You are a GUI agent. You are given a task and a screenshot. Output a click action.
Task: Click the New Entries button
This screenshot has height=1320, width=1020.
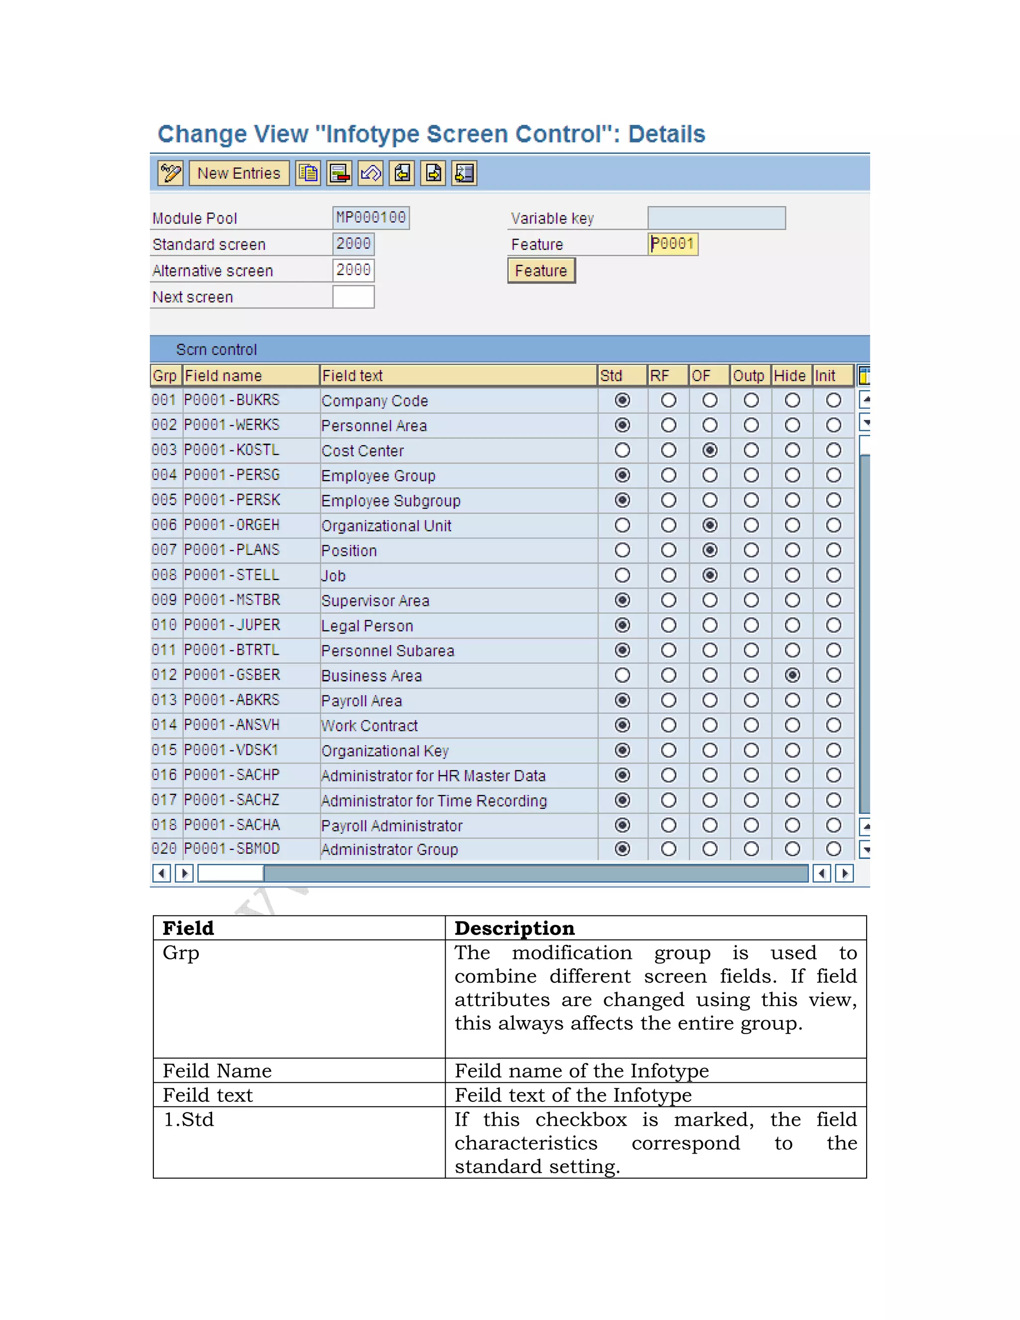(x=239, y=173)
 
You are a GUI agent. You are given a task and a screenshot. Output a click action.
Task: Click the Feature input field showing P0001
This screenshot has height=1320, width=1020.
(x=672, y=244)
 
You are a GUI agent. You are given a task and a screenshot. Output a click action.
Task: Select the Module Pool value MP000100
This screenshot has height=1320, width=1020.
(x=371, y=218)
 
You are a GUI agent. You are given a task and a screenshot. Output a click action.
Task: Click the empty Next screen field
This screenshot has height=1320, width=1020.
(x=354, y=297)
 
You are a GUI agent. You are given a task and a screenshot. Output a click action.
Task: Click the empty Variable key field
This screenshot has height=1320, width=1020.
(x=716, y=218)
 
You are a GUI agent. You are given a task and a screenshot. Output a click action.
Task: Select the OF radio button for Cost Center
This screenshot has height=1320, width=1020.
(x=710, y=450)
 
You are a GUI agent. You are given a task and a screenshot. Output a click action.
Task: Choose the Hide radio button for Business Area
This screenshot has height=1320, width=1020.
(x=792, y=675)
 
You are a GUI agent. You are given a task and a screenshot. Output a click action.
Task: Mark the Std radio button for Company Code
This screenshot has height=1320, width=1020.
(x=623, y=400)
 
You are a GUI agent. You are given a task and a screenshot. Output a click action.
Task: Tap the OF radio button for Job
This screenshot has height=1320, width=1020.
(x=710, y=575)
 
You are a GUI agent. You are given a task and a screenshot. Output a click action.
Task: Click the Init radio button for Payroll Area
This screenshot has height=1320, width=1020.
(x=833, y=700)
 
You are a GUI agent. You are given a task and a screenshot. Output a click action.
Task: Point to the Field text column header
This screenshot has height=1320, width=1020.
(x=352, y=376)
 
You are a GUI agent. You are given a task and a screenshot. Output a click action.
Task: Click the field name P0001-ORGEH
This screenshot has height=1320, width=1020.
(x=232, y=525)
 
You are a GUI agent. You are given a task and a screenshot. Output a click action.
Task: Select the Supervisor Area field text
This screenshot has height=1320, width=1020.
(x=375, y=601)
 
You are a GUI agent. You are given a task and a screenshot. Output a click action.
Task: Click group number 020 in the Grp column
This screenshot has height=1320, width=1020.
(x=164, y=849)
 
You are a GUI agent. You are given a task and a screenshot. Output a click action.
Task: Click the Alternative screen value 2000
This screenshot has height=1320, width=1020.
(x=354, y=270)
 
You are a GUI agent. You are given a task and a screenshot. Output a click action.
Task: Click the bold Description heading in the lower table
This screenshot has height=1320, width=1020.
(x=514, y=928)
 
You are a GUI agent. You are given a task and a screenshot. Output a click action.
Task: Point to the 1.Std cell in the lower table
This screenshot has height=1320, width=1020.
(x=189, y=1120)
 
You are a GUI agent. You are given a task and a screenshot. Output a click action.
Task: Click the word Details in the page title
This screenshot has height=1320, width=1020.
(x=666, y=134)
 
